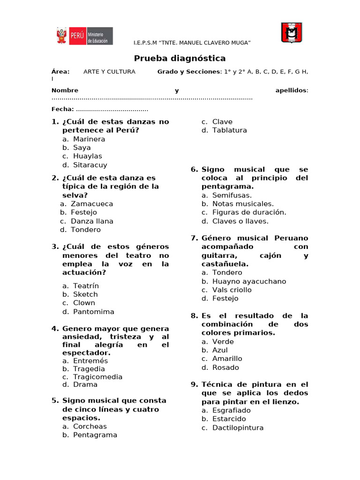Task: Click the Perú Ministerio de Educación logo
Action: click(x=84, y=36)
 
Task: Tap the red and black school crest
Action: click(x=292, y=33)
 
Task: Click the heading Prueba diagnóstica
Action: click(x=180, y=59)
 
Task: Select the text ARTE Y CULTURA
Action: click(x=109, y=72)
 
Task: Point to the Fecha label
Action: click(x=62, y=109)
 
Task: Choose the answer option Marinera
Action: click(x=89, y=139)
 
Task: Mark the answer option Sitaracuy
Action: click(x=90, y=165)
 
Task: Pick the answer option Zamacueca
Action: click(x=92, y=204)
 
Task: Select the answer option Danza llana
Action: click(x=92, y=221)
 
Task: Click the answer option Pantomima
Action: click(x=93, y=312)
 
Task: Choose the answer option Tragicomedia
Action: click(x=97, y=377)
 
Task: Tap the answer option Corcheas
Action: click(x=90, y=427)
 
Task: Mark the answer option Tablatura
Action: click(x=229, y=130)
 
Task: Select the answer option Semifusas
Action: click(x=232, y=195)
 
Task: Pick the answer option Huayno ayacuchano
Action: click(x=249, y=281)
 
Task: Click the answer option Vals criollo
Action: click(x=232, y=290)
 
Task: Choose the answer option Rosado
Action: click(x=225, y=367)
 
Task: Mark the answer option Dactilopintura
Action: click(x=238, y=427)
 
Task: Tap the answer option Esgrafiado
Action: click(x=231, y=410)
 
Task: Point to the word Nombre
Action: click(x=65, y=90)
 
